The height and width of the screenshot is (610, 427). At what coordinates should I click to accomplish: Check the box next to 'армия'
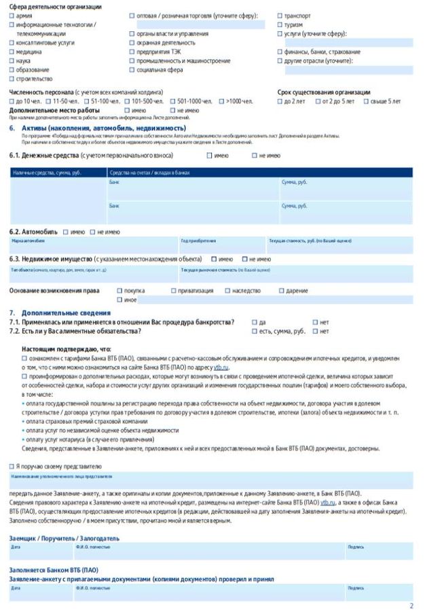tap(12, 15)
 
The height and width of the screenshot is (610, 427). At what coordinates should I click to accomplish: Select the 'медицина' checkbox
tap(12, 52)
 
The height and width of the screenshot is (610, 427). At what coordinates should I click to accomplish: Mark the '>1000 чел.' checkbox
tap(221, 101)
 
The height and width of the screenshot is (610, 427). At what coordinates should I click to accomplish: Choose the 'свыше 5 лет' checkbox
tap(366, 101)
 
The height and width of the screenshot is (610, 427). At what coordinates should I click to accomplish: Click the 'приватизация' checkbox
tap(172, 291)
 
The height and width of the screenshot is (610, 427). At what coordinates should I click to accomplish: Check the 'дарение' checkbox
tap(280, 291)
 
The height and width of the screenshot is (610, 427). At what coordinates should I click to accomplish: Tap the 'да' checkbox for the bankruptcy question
tap(255, 322)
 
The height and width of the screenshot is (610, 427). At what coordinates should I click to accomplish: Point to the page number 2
tap(411, 604)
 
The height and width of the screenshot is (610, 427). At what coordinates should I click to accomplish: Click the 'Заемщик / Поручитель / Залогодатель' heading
tap(64, 538)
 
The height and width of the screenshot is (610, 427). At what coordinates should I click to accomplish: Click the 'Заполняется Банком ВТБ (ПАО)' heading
tap(54, 569)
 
